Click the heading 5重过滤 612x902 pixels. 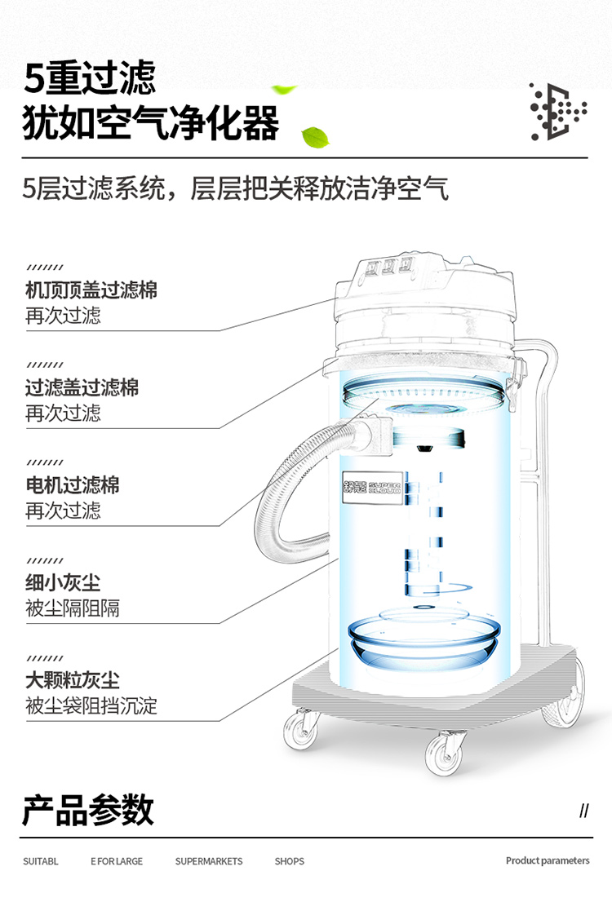click(x=89, y=77)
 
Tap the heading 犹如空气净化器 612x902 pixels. click(x=151, y=123)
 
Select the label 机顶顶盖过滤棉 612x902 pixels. click(x=91, y=290)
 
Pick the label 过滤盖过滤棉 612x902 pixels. click(x=82, y=387)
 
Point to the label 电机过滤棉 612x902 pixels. click(x=73, y=485)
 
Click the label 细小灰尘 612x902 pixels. click(x=63, y=583)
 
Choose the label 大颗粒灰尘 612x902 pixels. click(x=73, y=680)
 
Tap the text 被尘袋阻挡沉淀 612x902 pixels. click(x=91, y=705)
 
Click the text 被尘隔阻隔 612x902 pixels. click(x=73, y=608)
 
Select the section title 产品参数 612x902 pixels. click(x=88, y=810)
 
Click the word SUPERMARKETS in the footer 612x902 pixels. click(x=208, y=861)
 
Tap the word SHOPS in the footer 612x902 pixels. click(x=289, y=861)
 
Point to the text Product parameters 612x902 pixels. click(x=548, y=860)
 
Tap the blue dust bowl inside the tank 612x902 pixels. click(x=424, y=641)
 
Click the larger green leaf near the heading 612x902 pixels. click(x=315, y=138)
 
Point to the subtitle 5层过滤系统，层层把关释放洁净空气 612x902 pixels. click(x=236, y=188)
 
